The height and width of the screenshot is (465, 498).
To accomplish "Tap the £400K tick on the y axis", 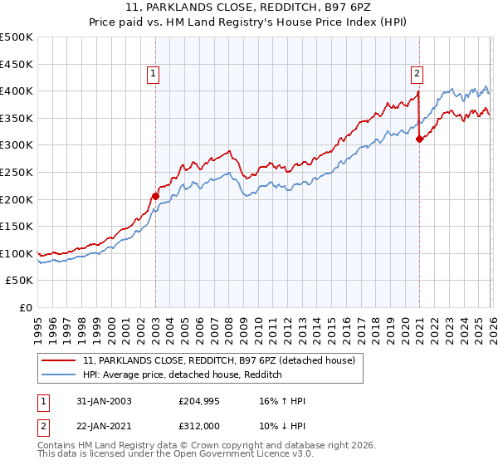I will point(17,91).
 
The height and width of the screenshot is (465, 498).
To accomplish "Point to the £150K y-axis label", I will point(17,226).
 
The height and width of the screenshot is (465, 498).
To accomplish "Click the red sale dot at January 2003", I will point(155,196).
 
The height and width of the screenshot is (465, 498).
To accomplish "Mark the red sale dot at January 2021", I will point(419,139).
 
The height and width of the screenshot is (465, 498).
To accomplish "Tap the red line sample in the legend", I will point(60,360).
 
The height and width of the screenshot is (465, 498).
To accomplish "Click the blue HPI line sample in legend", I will point(60,375).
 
